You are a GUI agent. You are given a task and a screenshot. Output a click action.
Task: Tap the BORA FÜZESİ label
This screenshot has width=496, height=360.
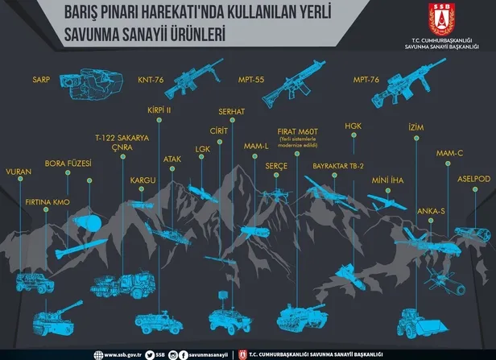pyautogui.click(x=68, y=163)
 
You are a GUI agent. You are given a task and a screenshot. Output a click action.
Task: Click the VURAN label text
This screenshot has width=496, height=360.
pyautogui.click(x=19, y=172)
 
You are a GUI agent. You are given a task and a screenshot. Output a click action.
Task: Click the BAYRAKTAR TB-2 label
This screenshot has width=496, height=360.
pyautogui.click(x=339, y=165)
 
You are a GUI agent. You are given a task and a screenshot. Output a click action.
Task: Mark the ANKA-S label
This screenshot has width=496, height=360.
pyautogui.click(x=431, y=210)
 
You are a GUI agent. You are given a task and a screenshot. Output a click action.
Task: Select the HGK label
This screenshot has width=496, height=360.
pyautogui.click(x=354, y=126)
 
